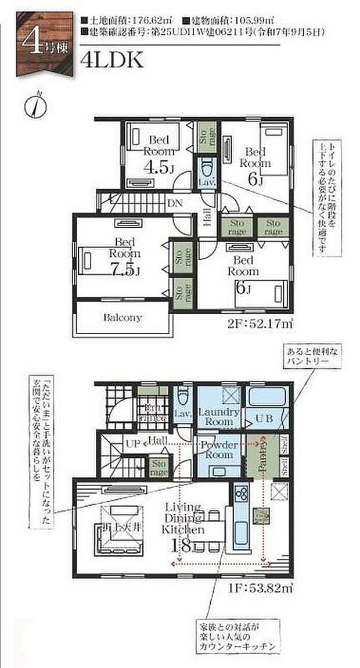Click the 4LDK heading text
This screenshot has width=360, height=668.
tap(113, 60)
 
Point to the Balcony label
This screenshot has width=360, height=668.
tap(123, 318)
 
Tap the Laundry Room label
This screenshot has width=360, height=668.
tap(219, 416)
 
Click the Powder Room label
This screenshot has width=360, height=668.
tap(218, 450)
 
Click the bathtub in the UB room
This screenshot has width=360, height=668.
tap(266, 398)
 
